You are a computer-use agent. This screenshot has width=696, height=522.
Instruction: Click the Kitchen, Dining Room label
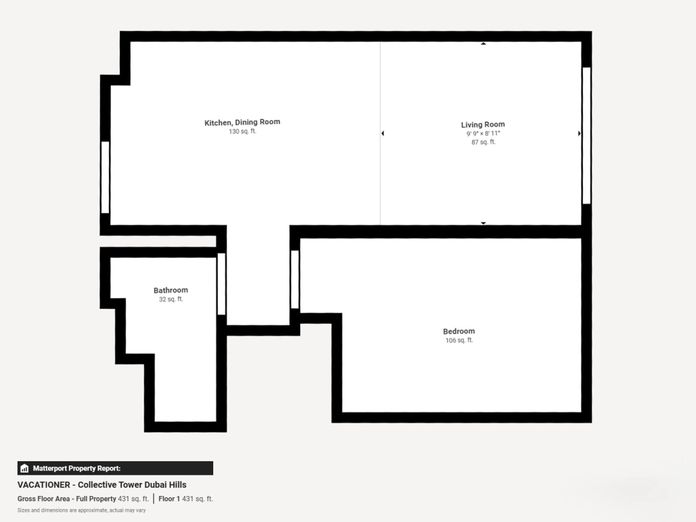coord(242,122)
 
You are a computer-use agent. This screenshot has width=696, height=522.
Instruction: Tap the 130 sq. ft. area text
coord(243,131)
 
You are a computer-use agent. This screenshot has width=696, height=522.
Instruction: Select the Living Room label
coord(483,125)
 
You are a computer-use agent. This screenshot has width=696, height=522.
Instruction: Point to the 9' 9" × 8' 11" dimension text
coord(483,133)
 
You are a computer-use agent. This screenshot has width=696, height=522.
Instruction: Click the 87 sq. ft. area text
coord(483,142)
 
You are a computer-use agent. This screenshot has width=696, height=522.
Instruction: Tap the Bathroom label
coord(171,290)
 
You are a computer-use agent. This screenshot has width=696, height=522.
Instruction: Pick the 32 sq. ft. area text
coord(171,299)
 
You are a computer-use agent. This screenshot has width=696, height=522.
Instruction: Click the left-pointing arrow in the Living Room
coord(383,133)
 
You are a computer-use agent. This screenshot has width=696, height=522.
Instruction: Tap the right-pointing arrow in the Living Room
coord(579,133)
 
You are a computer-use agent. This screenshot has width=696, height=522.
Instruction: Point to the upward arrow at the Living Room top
coord(483,44)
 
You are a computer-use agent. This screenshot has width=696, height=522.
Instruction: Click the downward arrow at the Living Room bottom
coord(483,223)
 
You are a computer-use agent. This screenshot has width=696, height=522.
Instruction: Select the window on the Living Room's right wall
coord(587,136)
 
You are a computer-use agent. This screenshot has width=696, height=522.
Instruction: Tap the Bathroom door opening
coord(221,284)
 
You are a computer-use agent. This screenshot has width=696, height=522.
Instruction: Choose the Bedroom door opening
coord(295,279)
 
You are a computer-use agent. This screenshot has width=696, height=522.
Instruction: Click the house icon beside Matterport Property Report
coord(24,468)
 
